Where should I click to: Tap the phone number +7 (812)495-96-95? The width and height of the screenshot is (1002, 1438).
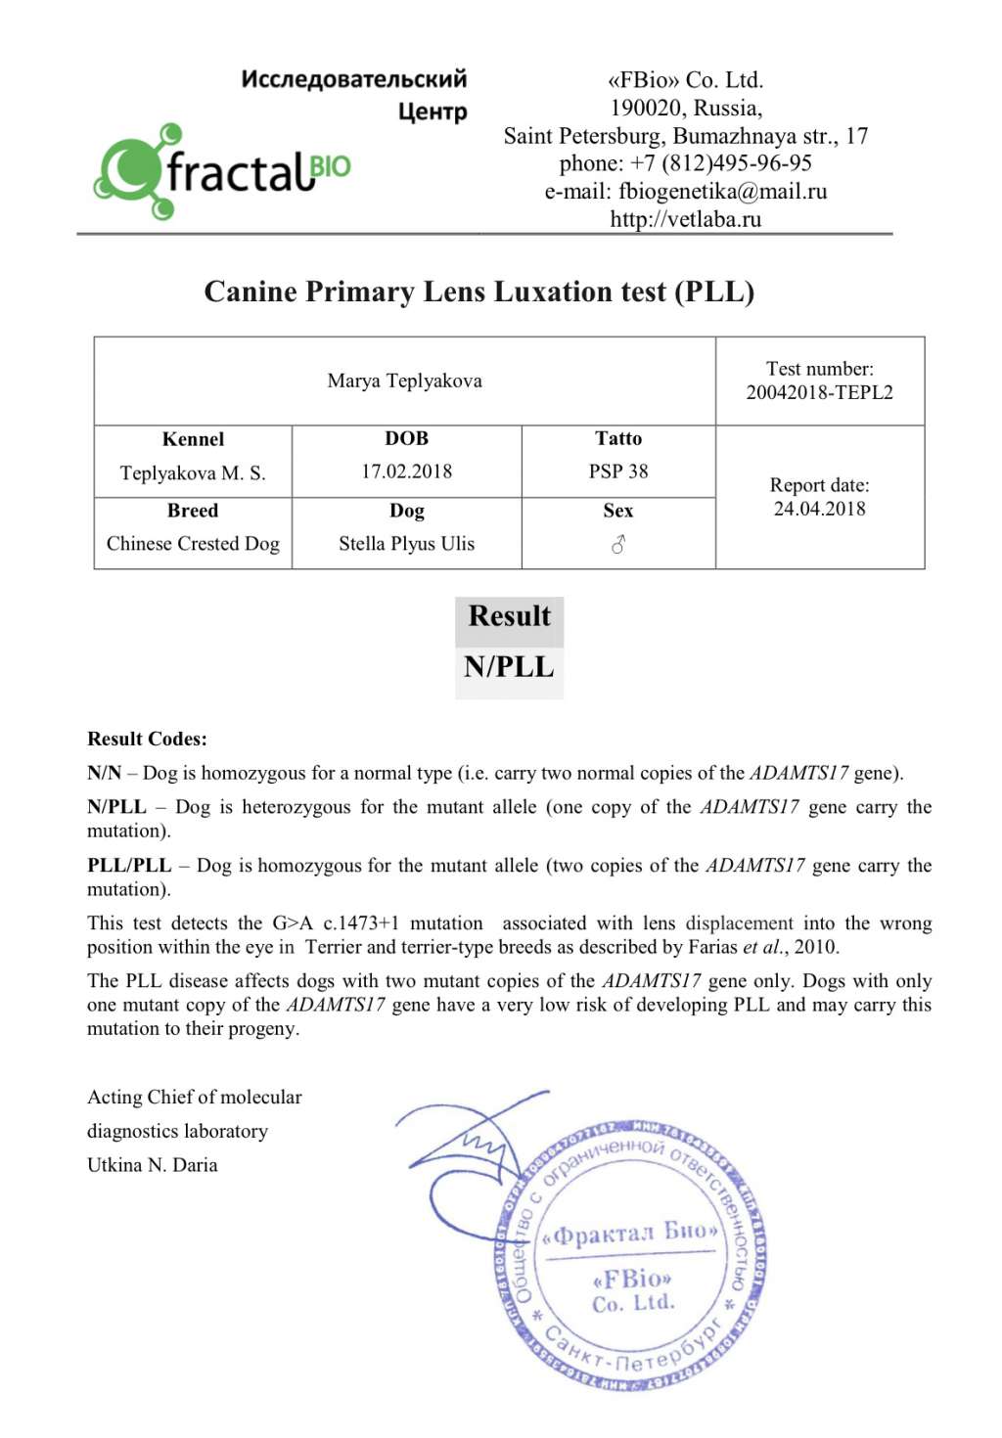click(720, 163)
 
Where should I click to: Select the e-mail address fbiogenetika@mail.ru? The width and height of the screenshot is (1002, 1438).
click(722, 192)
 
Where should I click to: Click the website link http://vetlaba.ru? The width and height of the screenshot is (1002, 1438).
click(685, 219)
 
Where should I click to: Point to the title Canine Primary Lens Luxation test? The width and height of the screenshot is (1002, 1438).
click(478, 292)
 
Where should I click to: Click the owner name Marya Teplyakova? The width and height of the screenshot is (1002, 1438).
click(404, 381)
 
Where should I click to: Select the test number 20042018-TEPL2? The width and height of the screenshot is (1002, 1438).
click(819, 392)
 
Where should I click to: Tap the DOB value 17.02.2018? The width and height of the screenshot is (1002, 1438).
click(406, 472)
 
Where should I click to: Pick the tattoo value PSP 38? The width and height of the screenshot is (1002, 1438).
click(618, 472)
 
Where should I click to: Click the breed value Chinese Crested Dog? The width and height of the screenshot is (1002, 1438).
click(193, 544)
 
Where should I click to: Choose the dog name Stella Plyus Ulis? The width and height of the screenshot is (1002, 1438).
click(406, 544)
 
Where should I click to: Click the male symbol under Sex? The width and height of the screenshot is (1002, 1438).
click(618, 545)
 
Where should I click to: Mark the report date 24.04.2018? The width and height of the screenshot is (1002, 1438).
click(819, 509)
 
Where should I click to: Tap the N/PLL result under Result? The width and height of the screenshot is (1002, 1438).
click(509, 667)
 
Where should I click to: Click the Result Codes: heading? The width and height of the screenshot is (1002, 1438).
click(147, 739)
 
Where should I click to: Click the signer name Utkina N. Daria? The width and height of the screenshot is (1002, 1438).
click(152, 1165)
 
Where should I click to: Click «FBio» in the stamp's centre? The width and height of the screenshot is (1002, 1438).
click(632, 1279)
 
